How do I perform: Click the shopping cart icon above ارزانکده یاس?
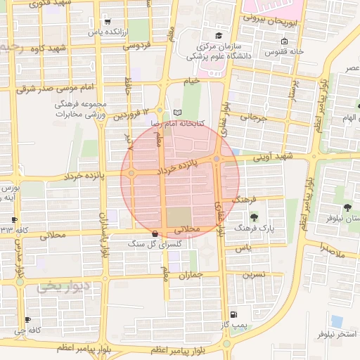(106, 21)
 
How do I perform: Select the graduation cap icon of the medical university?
(219, 35)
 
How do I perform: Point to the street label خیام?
(191, 81)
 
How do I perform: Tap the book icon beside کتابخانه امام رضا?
(176, 112)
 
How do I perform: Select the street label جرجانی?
(255, 118)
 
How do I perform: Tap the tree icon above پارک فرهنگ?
(253, 217)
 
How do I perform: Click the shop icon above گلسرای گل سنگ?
(155, 233)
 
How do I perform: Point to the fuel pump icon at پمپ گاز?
(233, 314)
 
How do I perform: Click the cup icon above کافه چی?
(27, 319)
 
